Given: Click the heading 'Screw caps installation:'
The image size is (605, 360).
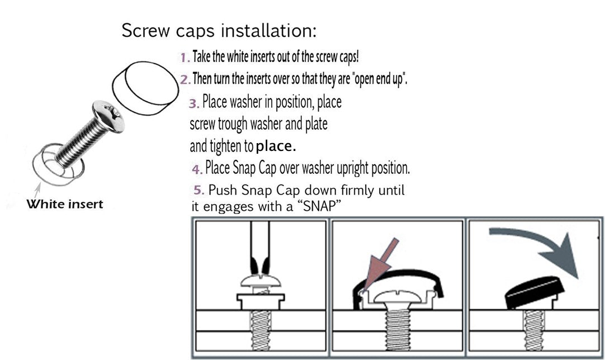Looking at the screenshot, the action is tap(219, 31).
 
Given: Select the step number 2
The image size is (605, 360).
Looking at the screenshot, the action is tap(185, 79).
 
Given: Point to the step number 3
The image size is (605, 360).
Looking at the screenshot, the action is tap(193, 103).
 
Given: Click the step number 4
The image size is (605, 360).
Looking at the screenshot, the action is tap(197, 169).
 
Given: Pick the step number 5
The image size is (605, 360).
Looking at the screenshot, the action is tap(198, 190).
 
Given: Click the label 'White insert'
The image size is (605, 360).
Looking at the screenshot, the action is tap(65, 204).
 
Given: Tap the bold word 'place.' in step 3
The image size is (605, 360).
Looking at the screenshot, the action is tap(276, 146).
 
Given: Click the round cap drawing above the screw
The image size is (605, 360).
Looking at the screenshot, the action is tap(145, 88).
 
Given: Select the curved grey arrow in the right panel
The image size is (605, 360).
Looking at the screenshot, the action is tap(540, 247).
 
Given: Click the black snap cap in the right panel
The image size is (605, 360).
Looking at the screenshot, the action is tap(535, 292).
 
